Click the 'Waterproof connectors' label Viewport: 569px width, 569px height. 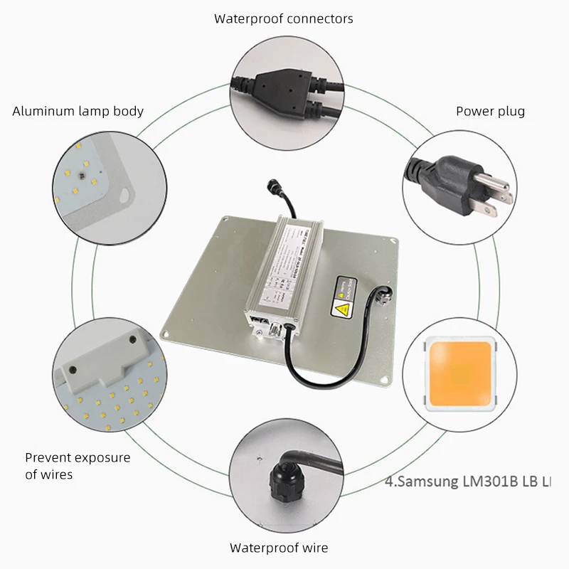283,18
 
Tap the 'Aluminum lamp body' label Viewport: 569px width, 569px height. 78,111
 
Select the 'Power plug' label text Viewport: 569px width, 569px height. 490,111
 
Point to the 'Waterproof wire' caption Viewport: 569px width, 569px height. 279,548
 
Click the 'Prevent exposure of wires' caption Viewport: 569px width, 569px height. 78,466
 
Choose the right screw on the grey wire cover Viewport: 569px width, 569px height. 132,342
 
